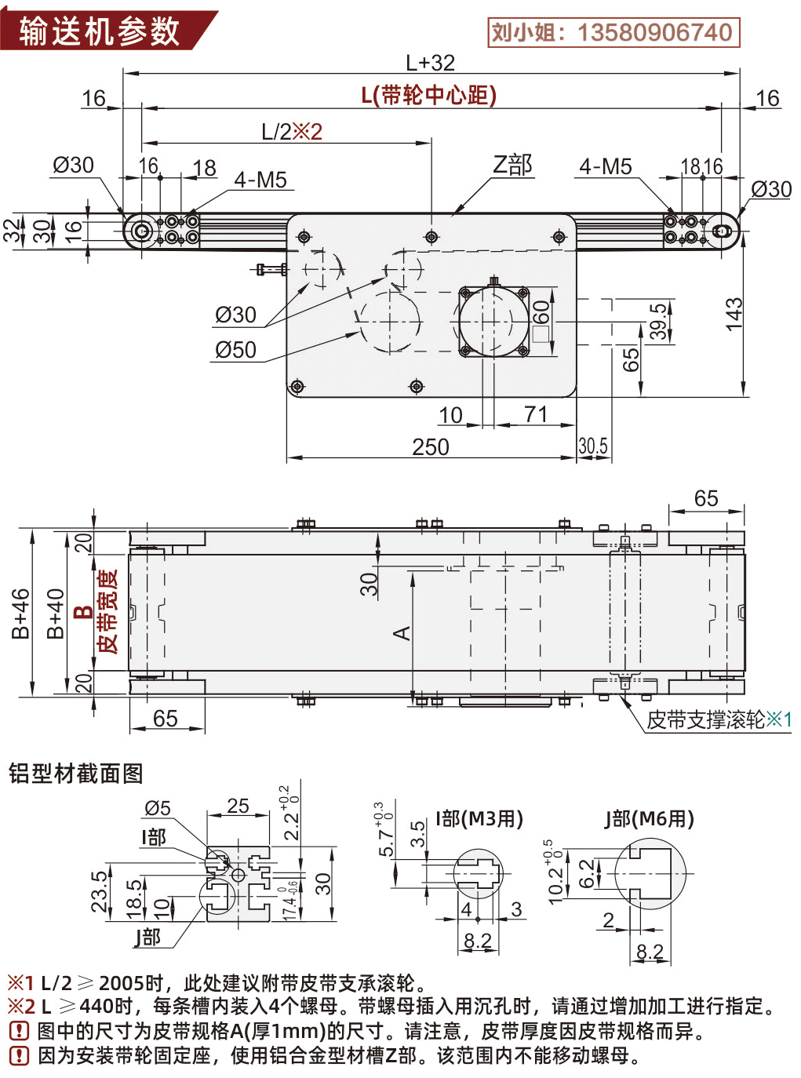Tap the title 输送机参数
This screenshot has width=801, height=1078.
click(100, 31)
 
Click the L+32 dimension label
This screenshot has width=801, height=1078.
click(430, 63)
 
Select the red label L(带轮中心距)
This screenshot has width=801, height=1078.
click(429, 96)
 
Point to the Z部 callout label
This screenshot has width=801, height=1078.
click(512, 165)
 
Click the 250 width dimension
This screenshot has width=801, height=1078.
click(431, 447)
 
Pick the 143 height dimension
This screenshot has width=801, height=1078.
click(733, 314)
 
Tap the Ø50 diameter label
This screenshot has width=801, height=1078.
click(235, 350)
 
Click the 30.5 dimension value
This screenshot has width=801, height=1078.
click(593, 446)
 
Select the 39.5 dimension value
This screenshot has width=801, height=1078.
click(659, 322)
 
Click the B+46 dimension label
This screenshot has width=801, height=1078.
click(20, 614)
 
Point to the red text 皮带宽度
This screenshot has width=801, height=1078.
click(107, 612)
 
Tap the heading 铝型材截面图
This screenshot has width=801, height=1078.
click(75, 774)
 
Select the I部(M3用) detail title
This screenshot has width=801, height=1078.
click(479, 819)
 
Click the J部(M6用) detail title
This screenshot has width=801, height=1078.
click(649, 819)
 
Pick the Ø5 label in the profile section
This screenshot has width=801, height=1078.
click(157, 808)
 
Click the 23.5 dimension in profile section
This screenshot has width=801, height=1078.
click(100, 890)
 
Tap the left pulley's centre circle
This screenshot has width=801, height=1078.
click(142, 231)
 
